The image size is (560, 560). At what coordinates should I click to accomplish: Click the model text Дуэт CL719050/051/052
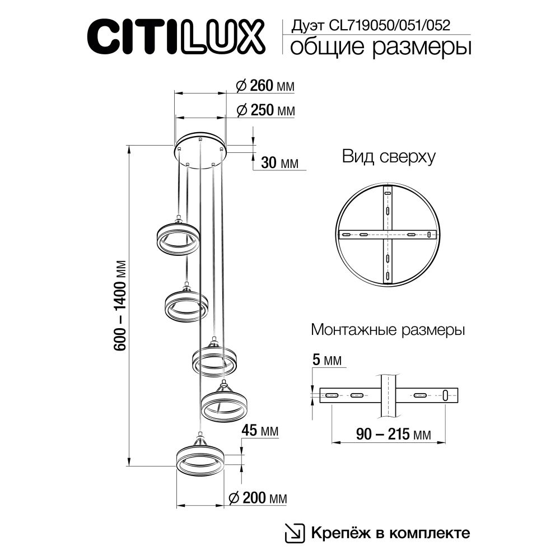[370, 25]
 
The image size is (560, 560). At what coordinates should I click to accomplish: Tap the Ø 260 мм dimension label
[265, 86]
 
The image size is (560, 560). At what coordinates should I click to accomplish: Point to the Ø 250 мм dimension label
[265, 110]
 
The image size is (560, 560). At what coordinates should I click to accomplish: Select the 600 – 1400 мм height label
[120, 305]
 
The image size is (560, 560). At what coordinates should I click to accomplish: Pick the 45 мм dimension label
[259, 431]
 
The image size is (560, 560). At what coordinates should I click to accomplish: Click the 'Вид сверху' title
[389, 157]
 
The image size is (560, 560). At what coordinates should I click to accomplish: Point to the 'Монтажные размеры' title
[388, 330]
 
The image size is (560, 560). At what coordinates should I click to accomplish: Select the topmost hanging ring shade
[178, 239]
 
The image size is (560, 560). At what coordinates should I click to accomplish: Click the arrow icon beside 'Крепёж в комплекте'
[293, 533]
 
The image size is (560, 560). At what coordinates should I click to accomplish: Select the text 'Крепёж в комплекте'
[390, 533]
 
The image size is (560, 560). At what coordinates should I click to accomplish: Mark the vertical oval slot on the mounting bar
[445, 395]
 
